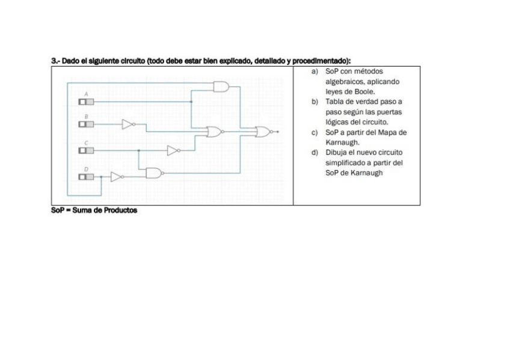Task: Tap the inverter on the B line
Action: tap(128, 124)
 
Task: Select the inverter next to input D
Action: tap(117, 177)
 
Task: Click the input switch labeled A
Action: tap(87, 102)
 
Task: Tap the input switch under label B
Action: tap(87, 124)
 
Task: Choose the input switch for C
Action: tap(87, 150)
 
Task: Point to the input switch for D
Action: tap(87, 177)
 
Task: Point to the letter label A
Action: tap(86, 95)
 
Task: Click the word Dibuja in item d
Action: tap(336, 152)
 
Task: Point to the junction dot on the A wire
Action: tap(191, 102)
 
